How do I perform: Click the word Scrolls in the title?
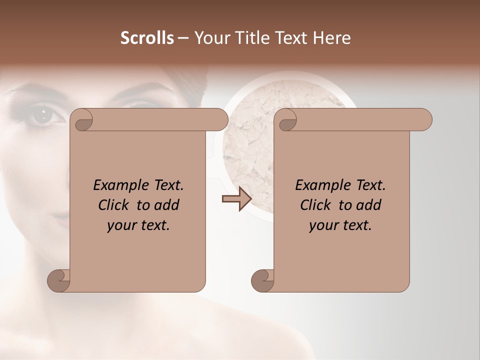(x=147, y=38)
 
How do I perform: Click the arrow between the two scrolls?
(x=236, y=199)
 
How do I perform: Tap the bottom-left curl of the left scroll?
(x=58, y=280)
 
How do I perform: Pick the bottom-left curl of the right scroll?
(x=262, y=280)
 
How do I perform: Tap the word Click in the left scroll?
(x=114, y=205)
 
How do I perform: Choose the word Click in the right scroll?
(x=316, y=205)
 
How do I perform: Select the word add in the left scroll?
(x=167, y=205)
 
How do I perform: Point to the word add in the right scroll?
(x=369, y=205)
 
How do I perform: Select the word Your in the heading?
(x=210, y=38)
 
